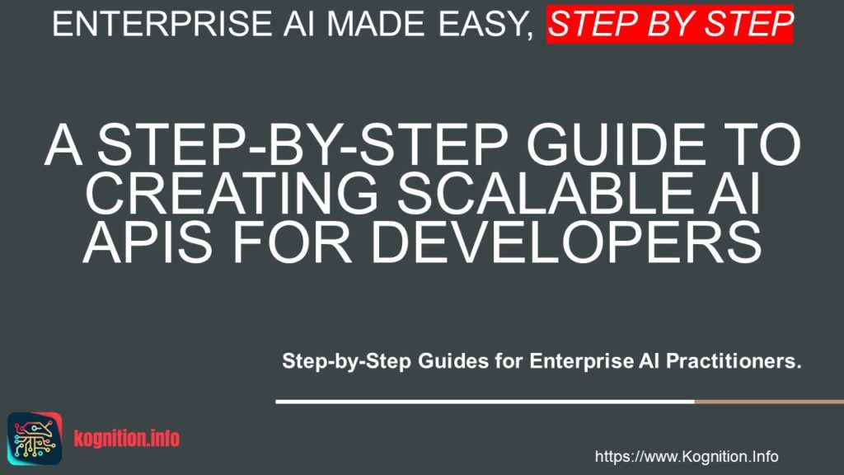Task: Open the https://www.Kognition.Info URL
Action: click(x=687, y=456)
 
